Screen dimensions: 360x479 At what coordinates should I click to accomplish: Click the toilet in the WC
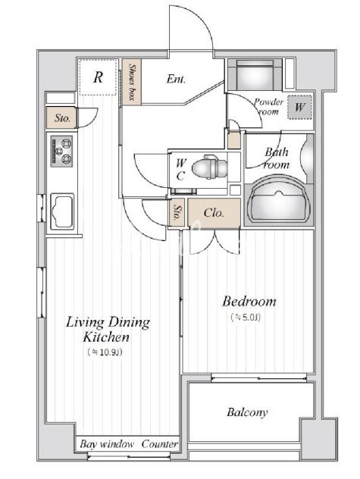pos(210,167)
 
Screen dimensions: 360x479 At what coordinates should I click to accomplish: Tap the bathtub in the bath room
pos(278,200)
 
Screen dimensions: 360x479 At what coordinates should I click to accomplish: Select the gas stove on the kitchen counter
pos(61,151)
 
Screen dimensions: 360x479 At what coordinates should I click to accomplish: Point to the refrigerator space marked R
pos(98,77)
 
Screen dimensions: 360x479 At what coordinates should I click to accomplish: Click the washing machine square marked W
pos(299,107)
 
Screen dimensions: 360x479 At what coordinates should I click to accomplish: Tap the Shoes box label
pos(132,82)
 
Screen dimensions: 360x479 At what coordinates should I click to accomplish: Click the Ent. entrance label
pos(176,79)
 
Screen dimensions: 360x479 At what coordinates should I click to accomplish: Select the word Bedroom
pos(249,301)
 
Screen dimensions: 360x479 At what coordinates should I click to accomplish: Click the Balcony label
pos(247,412)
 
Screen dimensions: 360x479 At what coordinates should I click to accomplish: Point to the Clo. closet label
pos(214,213)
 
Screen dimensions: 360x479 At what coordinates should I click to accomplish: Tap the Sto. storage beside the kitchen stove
pos(62,117)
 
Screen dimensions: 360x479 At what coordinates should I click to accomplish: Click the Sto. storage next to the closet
pos(177,212)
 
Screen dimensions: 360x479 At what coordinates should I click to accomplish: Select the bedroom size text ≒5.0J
pos(246,318)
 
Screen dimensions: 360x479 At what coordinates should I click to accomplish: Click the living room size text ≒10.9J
pos(105,352)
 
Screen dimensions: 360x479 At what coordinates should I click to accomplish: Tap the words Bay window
pos(107,444)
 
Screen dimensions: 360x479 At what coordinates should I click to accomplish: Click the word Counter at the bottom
pos(159,444)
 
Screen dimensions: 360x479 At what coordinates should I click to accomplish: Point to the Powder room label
pos(268,106)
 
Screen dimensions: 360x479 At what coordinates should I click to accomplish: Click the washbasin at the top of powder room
pos(255,75)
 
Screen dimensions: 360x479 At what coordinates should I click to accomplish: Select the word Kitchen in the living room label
pos(106,337)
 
